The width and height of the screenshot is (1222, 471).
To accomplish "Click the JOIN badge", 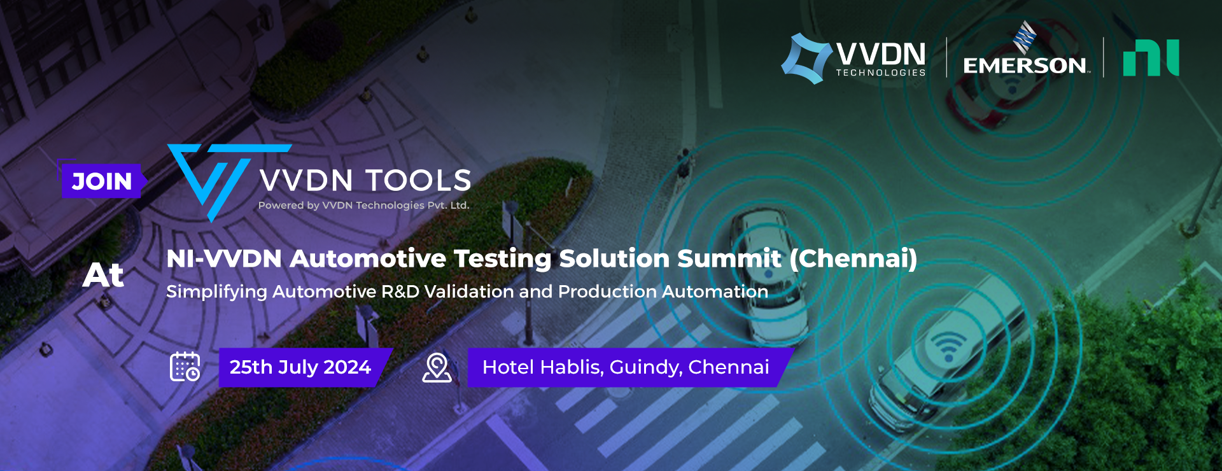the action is [x=102, y=181].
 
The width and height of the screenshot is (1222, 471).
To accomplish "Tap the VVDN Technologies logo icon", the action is [x=807, y=59].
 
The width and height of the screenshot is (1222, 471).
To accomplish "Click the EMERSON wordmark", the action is [x=1025, y=66].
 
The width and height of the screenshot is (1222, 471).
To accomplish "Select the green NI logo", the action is [x=1151, y=58].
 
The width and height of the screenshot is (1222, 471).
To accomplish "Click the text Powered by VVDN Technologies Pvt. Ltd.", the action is [x=363, y=205].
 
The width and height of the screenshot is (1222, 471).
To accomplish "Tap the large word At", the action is [x=103, y=275].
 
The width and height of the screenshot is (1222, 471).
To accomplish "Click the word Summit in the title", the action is [x=729, y=258].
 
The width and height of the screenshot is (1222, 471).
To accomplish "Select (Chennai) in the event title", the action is [x=853, y=258].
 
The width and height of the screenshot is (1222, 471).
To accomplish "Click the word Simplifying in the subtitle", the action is [x=216, y=292].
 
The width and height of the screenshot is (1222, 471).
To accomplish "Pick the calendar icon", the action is [x=185, y=367].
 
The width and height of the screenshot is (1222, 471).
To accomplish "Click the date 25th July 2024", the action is [x=300, y=367].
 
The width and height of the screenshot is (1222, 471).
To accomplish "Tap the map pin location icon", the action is [x=437, y=368].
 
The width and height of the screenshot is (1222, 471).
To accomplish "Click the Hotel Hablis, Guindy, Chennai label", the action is [x=626, y=367].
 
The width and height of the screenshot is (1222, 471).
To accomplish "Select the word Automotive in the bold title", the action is [x=368, y=258].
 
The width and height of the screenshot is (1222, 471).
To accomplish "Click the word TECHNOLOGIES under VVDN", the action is [x=881, y=73].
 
